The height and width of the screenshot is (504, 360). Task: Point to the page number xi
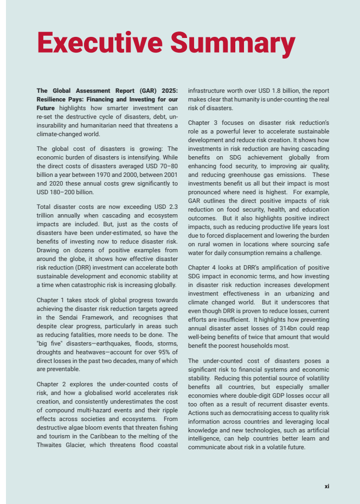pos(326,487)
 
